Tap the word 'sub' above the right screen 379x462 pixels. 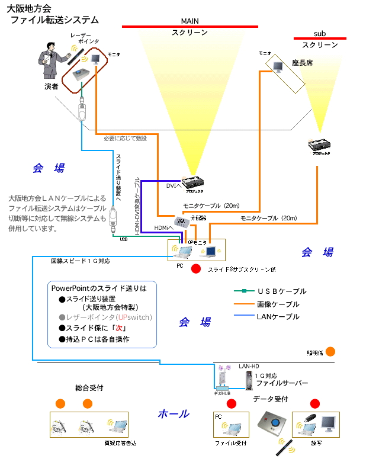(320, 34)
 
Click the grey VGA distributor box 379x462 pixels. (182, 220)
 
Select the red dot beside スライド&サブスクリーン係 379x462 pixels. (196, 268)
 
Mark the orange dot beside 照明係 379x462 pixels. (330, 351)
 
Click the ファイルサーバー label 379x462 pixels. (282, 383)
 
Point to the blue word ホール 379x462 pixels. (174, 413)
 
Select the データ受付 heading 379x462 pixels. (271, 399)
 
